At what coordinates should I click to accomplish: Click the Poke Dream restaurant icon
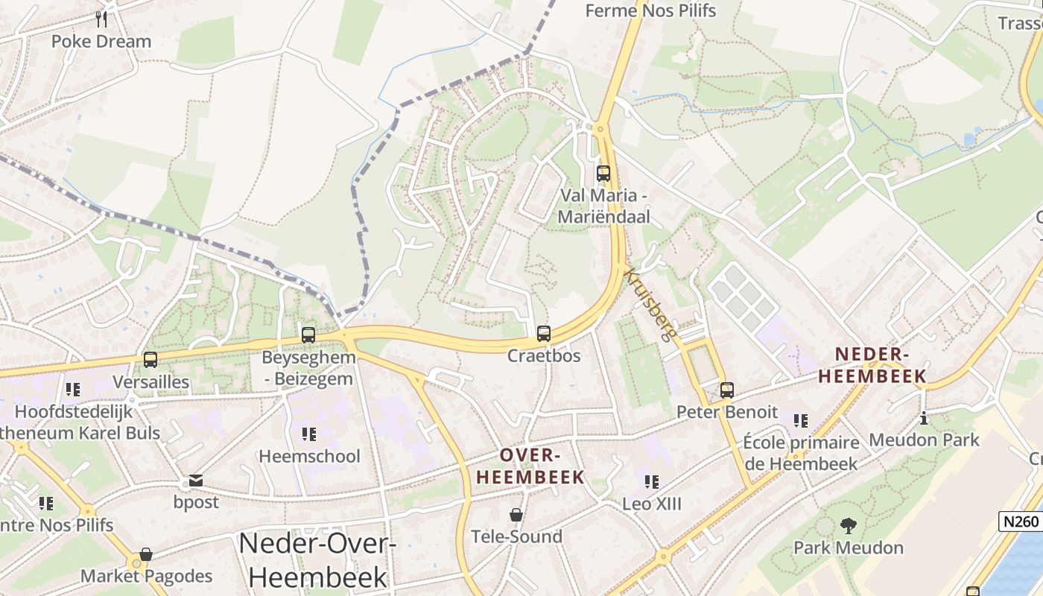coord(101,19)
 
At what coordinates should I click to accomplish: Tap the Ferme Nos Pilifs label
coord(650,10)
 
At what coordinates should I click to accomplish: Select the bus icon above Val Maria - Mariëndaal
coord(603,174)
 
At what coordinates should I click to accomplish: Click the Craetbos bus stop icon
coord(544,333)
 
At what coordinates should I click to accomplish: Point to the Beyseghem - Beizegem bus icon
coord(308,335)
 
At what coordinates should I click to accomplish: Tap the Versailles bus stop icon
coord(150,360)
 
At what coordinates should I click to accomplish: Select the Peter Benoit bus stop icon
coord(726,390)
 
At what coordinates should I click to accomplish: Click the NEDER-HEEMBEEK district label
coord(872,365)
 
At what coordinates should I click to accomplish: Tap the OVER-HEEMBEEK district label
coord(530,466)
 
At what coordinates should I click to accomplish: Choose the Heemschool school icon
coord(309,434)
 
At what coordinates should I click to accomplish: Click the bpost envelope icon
coord(196,481)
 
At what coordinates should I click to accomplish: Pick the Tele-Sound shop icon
coord(516,515)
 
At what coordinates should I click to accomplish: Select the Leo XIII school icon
coord(652,482)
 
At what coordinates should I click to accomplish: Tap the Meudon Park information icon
coord(924,418)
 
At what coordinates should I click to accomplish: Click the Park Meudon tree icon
coord(848,526)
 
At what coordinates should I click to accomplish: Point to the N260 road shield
coord(1020,521)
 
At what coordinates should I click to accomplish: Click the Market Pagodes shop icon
coord(146,554)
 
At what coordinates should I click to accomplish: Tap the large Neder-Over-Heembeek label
coord(317,559)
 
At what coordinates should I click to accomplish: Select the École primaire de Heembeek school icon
coord(801,421)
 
